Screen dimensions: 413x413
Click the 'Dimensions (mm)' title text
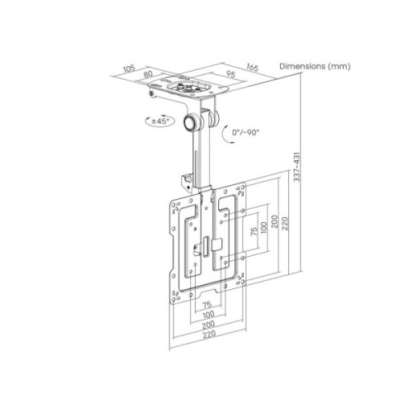click(x=315, y=66)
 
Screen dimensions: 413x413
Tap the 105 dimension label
click(x=129, y=69)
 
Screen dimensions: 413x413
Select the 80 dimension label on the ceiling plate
click(x=148, y=74)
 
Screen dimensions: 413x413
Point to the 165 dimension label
click(x=252, y=68)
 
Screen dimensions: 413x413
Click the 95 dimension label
click(x=230, y=74)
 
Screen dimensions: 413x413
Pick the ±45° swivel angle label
click(x=159, y=121)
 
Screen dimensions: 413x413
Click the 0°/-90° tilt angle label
click(x=245, y=132)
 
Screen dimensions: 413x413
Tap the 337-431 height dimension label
click(x=297, y=167)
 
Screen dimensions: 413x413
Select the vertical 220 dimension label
click(x=285, y=224)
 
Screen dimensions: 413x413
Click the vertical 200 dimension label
click(x=275, y=221)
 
